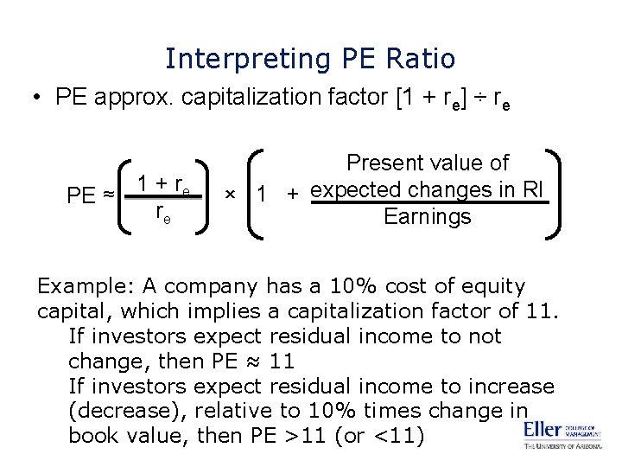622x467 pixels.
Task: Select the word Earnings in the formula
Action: coord(428,216)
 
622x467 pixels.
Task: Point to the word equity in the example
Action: coord(493,285)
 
